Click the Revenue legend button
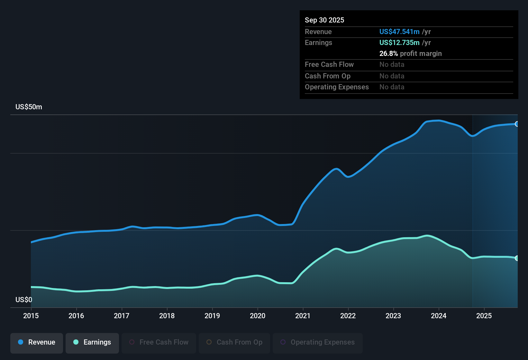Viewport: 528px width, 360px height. [x=37, y=342]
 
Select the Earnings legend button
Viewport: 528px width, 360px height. [x=92, y=342]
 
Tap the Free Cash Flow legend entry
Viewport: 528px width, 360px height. [x=159, y=342]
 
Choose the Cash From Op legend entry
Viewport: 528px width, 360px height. [x=234, y=342]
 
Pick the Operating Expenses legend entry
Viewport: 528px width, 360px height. [x=317, y=342]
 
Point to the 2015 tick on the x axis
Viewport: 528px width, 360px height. [x=31, y=316]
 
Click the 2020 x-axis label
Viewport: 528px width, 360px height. [x=258, y=316]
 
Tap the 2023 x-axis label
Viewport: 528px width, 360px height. [x=393, y=316]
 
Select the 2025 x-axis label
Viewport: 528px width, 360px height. [x=484, y=316]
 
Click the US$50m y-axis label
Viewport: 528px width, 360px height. [x=29, y=107]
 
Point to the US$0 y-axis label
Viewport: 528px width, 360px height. [x=24, y=300]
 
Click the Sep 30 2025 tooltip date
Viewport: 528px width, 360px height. [x=324, y=20]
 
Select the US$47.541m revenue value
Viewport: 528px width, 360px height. [x=399, y=32]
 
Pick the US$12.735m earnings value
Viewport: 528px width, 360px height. [x=399, y=42]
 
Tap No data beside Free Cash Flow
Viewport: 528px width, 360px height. [x=392, y=64]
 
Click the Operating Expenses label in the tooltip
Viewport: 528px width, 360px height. [x=337, y=87]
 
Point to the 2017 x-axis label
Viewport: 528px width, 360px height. [x=122, y=316]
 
